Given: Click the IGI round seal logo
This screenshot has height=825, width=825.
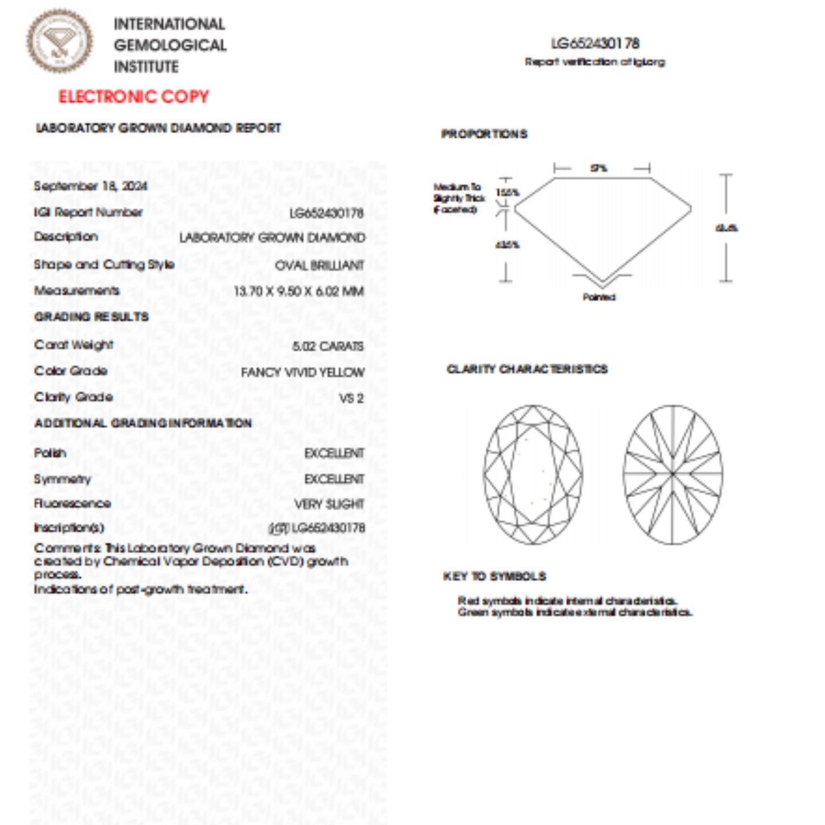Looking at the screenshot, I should click(59, 41).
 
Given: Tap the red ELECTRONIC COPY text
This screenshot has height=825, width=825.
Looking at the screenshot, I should click(134, 96).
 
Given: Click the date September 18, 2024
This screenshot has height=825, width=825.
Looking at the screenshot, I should click(90, 186).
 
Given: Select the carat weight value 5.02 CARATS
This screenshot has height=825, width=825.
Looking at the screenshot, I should click(328, 347).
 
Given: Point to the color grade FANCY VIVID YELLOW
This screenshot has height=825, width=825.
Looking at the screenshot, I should click(302, 372).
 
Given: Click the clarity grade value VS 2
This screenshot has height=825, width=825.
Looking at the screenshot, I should click(351, 398).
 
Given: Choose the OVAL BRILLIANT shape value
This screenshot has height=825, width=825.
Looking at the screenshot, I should click(319, 265).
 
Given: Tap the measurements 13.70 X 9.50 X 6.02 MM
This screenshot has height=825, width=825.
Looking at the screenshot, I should click(299, 291).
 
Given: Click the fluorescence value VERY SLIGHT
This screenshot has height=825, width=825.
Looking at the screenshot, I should click(329, 504).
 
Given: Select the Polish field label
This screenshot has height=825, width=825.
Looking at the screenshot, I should click(50, 453).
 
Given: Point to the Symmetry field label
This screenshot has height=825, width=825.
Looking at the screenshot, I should click(62, 479).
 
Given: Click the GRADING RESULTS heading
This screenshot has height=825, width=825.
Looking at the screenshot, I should click(91, 317).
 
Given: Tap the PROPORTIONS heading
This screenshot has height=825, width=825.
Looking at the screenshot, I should click(484, 134).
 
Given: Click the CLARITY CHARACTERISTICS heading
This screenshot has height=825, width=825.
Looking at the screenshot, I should click(527, 369).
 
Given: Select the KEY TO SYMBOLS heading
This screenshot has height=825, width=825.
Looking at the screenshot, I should click(494, 577).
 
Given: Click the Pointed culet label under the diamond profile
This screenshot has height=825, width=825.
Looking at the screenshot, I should click(599, 297).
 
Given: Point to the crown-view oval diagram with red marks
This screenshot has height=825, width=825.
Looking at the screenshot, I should click(533, 474).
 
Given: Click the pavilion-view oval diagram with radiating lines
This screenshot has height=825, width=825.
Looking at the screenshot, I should click(673, 474).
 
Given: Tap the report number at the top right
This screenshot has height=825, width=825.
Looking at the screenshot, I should click(595, 43).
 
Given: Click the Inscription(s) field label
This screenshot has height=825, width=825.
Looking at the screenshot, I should click(69, 528).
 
